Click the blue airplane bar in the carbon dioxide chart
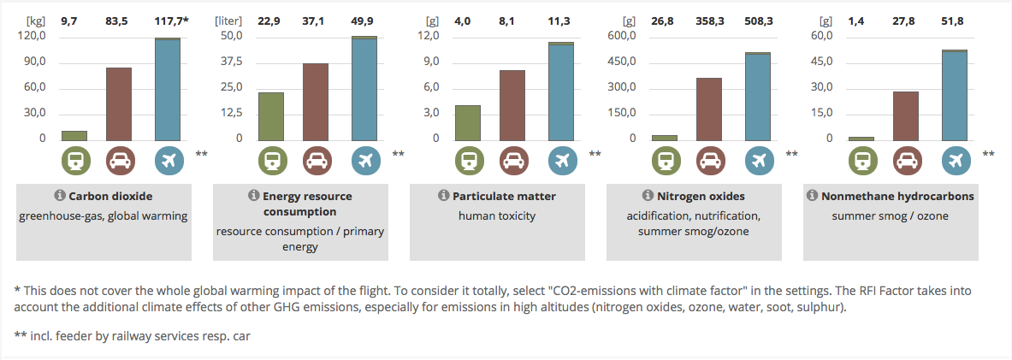click(x=168, y=89)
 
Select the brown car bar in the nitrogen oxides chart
click(x=709, y=109)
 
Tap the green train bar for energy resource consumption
click(x=271, y=115)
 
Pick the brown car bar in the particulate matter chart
click(x=512, y=105)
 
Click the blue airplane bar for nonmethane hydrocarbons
click(x=955, y=94)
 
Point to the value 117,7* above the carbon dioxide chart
click(x=172, y=19)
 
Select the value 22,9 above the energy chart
click(x=269, y=19)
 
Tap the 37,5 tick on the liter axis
click(x=233, y=62)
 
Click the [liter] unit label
click(x=229, y=19)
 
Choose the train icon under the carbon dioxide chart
click(x=74, y=160)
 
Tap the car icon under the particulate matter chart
click(x=512, y=160)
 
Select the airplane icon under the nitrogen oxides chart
click(x=758, y=160)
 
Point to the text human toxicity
click(x=497, y=215)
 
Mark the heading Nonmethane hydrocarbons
click(x=897, y=196)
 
